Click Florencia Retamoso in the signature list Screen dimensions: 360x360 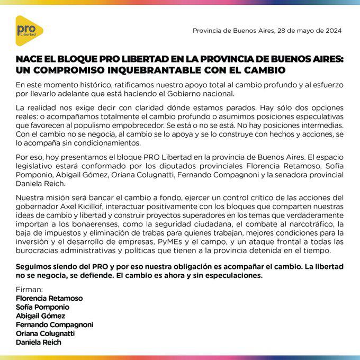click(49, 299)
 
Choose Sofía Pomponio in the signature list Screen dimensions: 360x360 click(43, 307)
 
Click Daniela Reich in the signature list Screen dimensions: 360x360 click(39, 343)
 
